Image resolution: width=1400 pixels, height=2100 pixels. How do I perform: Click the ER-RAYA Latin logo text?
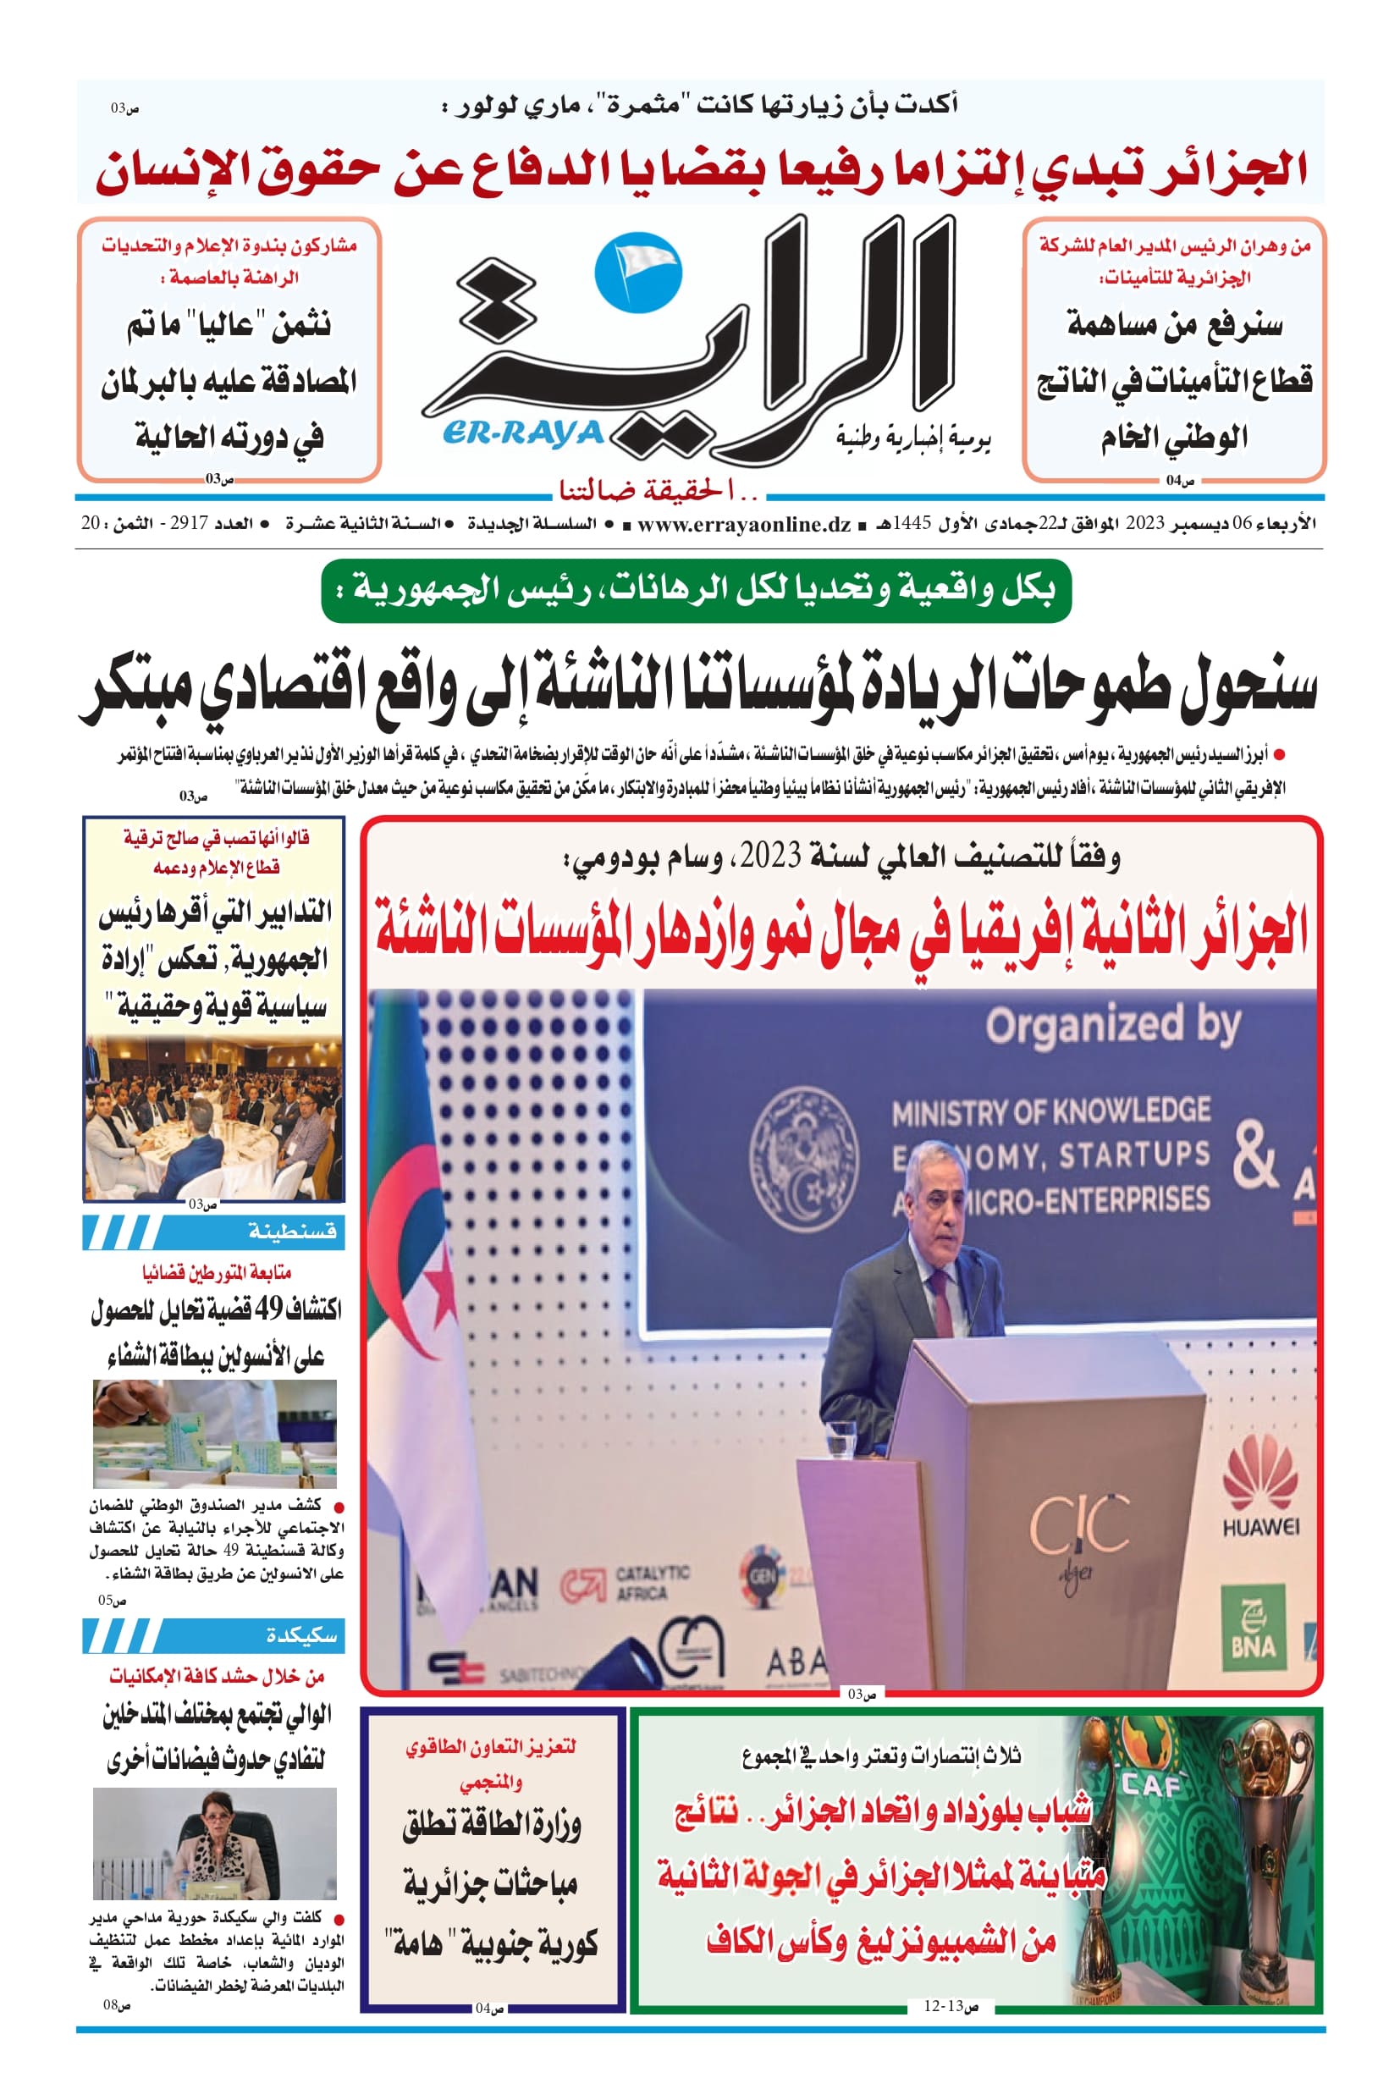(x=522, y=433)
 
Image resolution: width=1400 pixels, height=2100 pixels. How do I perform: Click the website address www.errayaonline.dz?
(x=744, y=524)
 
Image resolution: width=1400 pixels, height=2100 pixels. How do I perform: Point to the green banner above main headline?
(x=696, y=590)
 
